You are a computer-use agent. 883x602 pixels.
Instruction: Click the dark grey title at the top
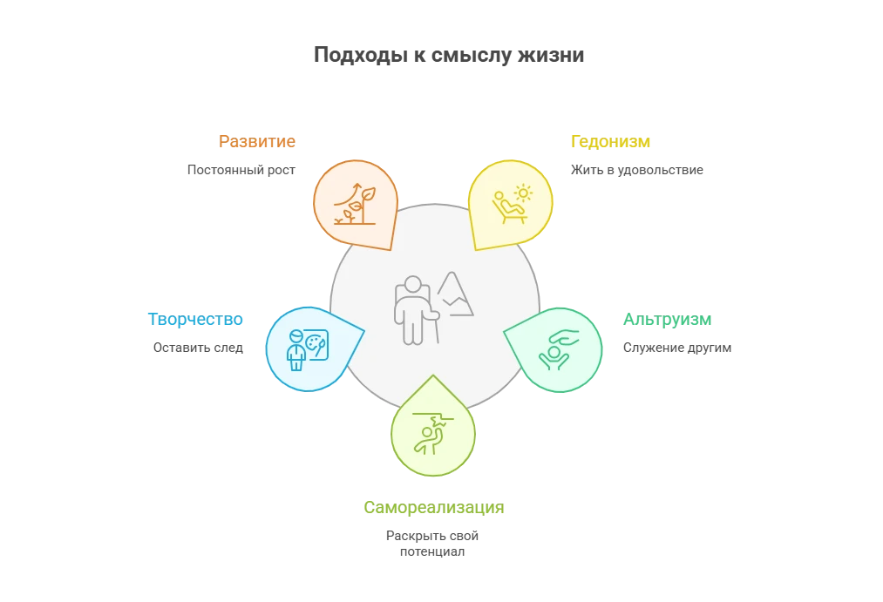pos(449,54)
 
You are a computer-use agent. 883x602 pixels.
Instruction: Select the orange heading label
pos(257,142)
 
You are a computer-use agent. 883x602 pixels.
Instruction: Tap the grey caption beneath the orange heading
pos(241,168)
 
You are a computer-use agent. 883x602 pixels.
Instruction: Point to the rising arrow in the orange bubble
pos(355,191)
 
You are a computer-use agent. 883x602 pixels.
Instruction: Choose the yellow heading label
pos(612,142)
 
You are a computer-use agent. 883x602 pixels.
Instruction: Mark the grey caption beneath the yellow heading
pos(634,169)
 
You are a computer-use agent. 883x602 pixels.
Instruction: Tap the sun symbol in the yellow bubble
pos(523,193)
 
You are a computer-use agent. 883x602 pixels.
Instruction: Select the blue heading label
pos(195,320)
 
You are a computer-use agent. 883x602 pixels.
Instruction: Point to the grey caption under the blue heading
pos(198,348)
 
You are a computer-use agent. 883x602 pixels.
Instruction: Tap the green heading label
pos(667,320)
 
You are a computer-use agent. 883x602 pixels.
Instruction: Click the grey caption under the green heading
pos(676,348)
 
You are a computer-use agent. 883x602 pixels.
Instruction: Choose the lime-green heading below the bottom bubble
pos(433,507)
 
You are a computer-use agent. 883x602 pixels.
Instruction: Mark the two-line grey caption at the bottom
pos(432,543)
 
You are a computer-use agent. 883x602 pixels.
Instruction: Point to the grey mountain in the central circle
pos(455,294)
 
